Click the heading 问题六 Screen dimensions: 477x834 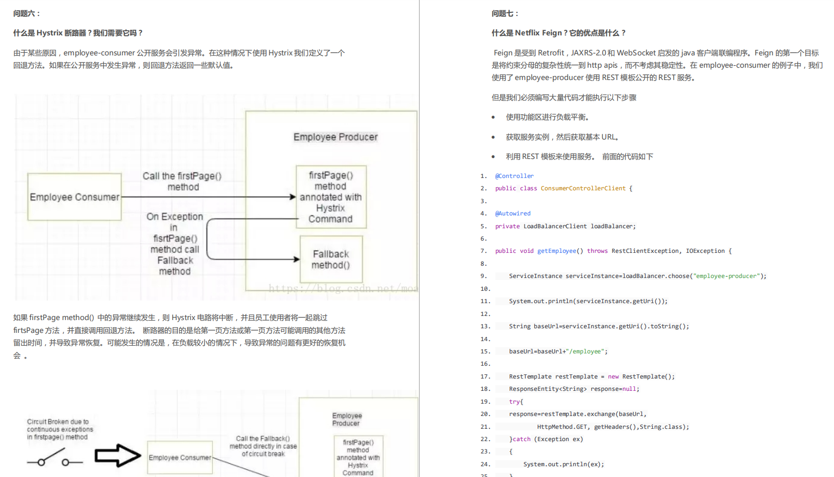26,14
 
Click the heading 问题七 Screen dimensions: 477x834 505,14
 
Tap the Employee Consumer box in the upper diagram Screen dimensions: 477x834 74,197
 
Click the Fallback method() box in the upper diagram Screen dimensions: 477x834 331,260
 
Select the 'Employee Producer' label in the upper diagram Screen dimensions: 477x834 336,137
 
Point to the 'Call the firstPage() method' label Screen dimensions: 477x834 182,182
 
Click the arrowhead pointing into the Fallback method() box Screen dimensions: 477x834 297,260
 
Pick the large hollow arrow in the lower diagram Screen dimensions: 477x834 117,455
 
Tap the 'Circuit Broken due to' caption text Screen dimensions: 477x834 58,422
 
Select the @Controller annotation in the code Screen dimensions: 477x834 514,176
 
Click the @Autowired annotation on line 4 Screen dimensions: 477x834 513,213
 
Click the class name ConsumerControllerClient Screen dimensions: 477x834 583,188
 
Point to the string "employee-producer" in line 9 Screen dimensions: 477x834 726,276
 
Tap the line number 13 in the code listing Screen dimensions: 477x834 485,326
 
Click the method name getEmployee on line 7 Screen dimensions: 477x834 556,251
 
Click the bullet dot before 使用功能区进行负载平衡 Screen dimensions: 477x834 493,117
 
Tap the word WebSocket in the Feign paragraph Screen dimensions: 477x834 636,53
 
